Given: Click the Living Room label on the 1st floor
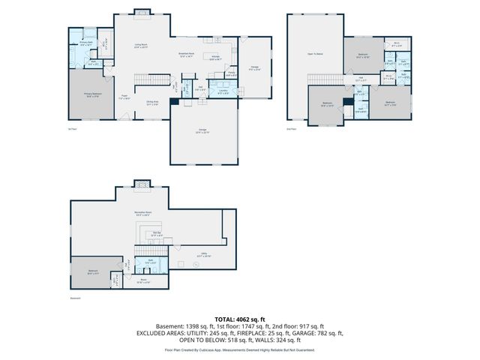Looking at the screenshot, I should click(140, 46).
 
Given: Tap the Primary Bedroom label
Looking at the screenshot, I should click(93, 94).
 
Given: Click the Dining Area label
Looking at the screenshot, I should click(152, 103).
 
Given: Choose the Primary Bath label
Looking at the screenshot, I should click(86, 44).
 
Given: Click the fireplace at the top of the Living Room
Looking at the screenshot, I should click(140, 11).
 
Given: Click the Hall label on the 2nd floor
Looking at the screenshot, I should click(361, 78).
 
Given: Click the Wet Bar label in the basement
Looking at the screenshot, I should click(157, 234).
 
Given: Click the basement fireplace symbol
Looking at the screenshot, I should click(141, 184).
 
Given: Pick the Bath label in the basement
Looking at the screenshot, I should click(150, 262).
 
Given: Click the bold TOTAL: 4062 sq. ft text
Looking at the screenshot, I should click(239, 319).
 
